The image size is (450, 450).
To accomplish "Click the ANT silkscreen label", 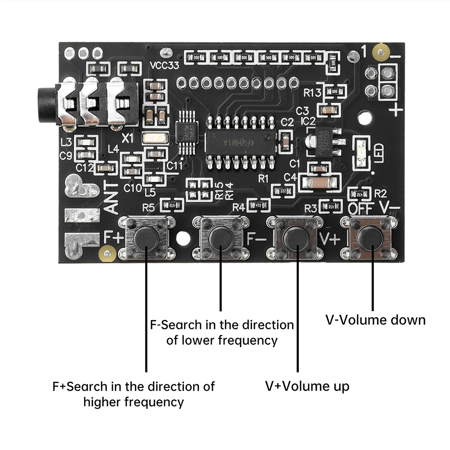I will pos(112,198).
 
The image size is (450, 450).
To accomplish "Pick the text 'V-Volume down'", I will pos(375,320).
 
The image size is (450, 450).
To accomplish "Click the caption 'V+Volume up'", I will pos(307,386).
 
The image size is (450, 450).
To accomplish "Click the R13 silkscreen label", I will pos(312,93).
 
